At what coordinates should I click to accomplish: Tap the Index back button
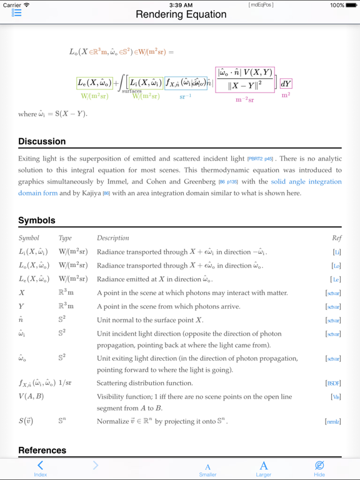click(40, 468)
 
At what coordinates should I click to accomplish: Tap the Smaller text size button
click(207, 468)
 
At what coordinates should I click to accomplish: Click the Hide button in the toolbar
click(319, 468)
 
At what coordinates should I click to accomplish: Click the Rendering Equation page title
click(181, 14)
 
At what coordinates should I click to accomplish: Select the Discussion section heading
click(42, 141)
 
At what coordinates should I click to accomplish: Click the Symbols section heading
click(37, 220)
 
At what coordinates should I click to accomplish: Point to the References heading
click(42, 450)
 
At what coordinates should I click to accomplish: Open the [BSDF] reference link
click(333, 383)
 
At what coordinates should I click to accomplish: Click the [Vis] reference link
click(336, 396)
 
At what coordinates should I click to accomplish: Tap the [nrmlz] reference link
click(333, 422)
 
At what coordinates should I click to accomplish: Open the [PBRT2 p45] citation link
click(260, 159)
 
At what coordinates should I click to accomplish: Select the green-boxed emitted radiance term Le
click(95, 82)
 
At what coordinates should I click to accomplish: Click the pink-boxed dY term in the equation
click(286, 84)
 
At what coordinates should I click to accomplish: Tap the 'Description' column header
click(113, 238)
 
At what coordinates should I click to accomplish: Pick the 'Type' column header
click(65, 238)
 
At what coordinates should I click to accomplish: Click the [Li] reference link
click(337, 252)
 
